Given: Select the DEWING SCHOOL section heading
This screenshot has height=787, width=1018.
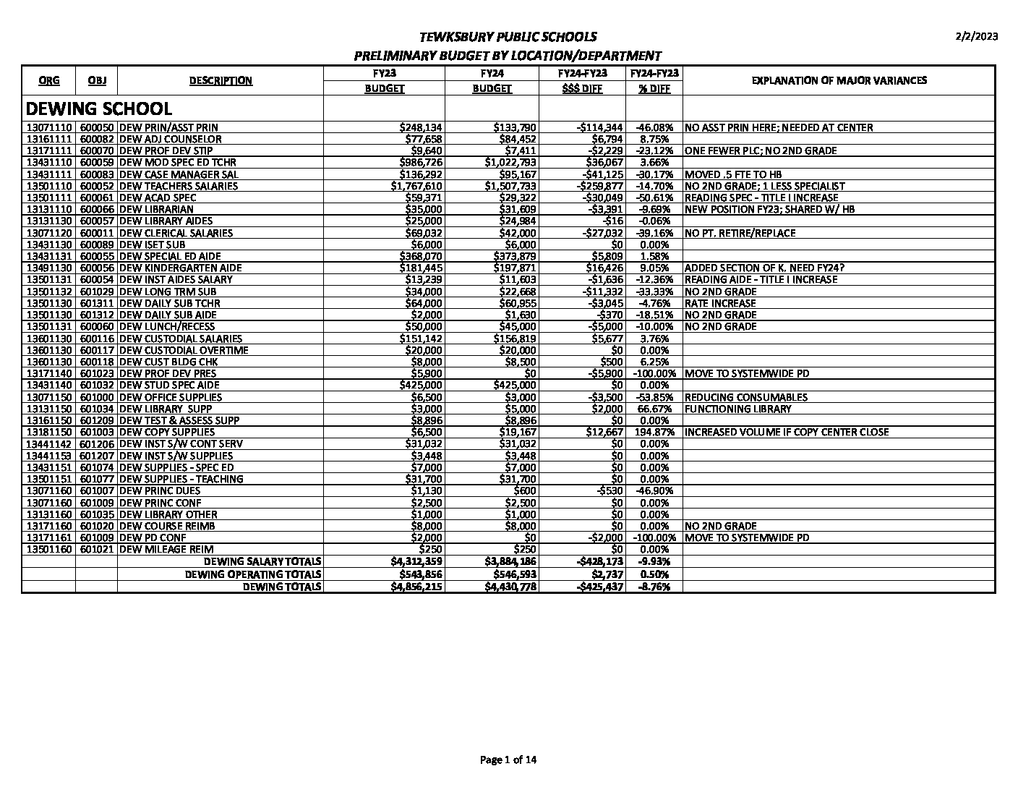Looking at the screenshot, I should pyautogui.click(x=99, y=109).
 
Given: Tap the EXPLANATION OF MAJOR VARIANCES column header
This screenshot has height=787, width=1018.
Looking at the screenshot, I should pyautogui.click(x=839, y=80).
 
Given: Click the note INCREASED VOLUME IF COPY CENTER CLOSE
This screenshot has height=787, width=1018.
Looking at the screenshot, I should pyautogui.click(x=786, y=433).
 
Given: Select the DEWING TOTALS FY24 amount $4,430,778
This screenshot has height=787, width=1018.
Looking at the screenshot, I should pyautogui.click(x=510, y=587).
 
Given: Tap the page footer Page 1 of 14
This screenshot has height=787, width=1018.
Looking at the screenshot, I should pyautogui.click(x=508, y=760).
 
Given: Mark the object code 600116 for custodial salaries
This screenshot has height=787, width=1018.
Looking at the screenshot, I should pyautogui.click(x=96, y=339).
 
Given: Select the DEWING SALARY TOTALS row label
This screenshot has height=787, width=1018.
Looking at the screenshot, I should pyautogui.click(x=262, y=562).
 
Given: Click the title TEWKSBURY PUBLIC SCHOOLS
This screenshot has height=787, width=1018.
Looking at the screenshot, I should pyautogui.click(x=508, y=37).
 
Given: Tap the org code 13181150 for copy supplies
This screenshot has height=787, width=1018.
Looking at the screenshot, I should pyautogui.click(x=49, y=433).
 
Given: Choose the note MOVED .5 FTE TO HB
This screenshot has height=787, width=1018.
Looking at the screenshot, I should pyautogui.click(x=732, y=174).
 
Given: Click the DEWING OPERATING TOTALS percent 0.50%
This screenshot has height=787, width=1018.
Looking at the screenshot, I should pyautogui.click(x=654, y=574).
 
